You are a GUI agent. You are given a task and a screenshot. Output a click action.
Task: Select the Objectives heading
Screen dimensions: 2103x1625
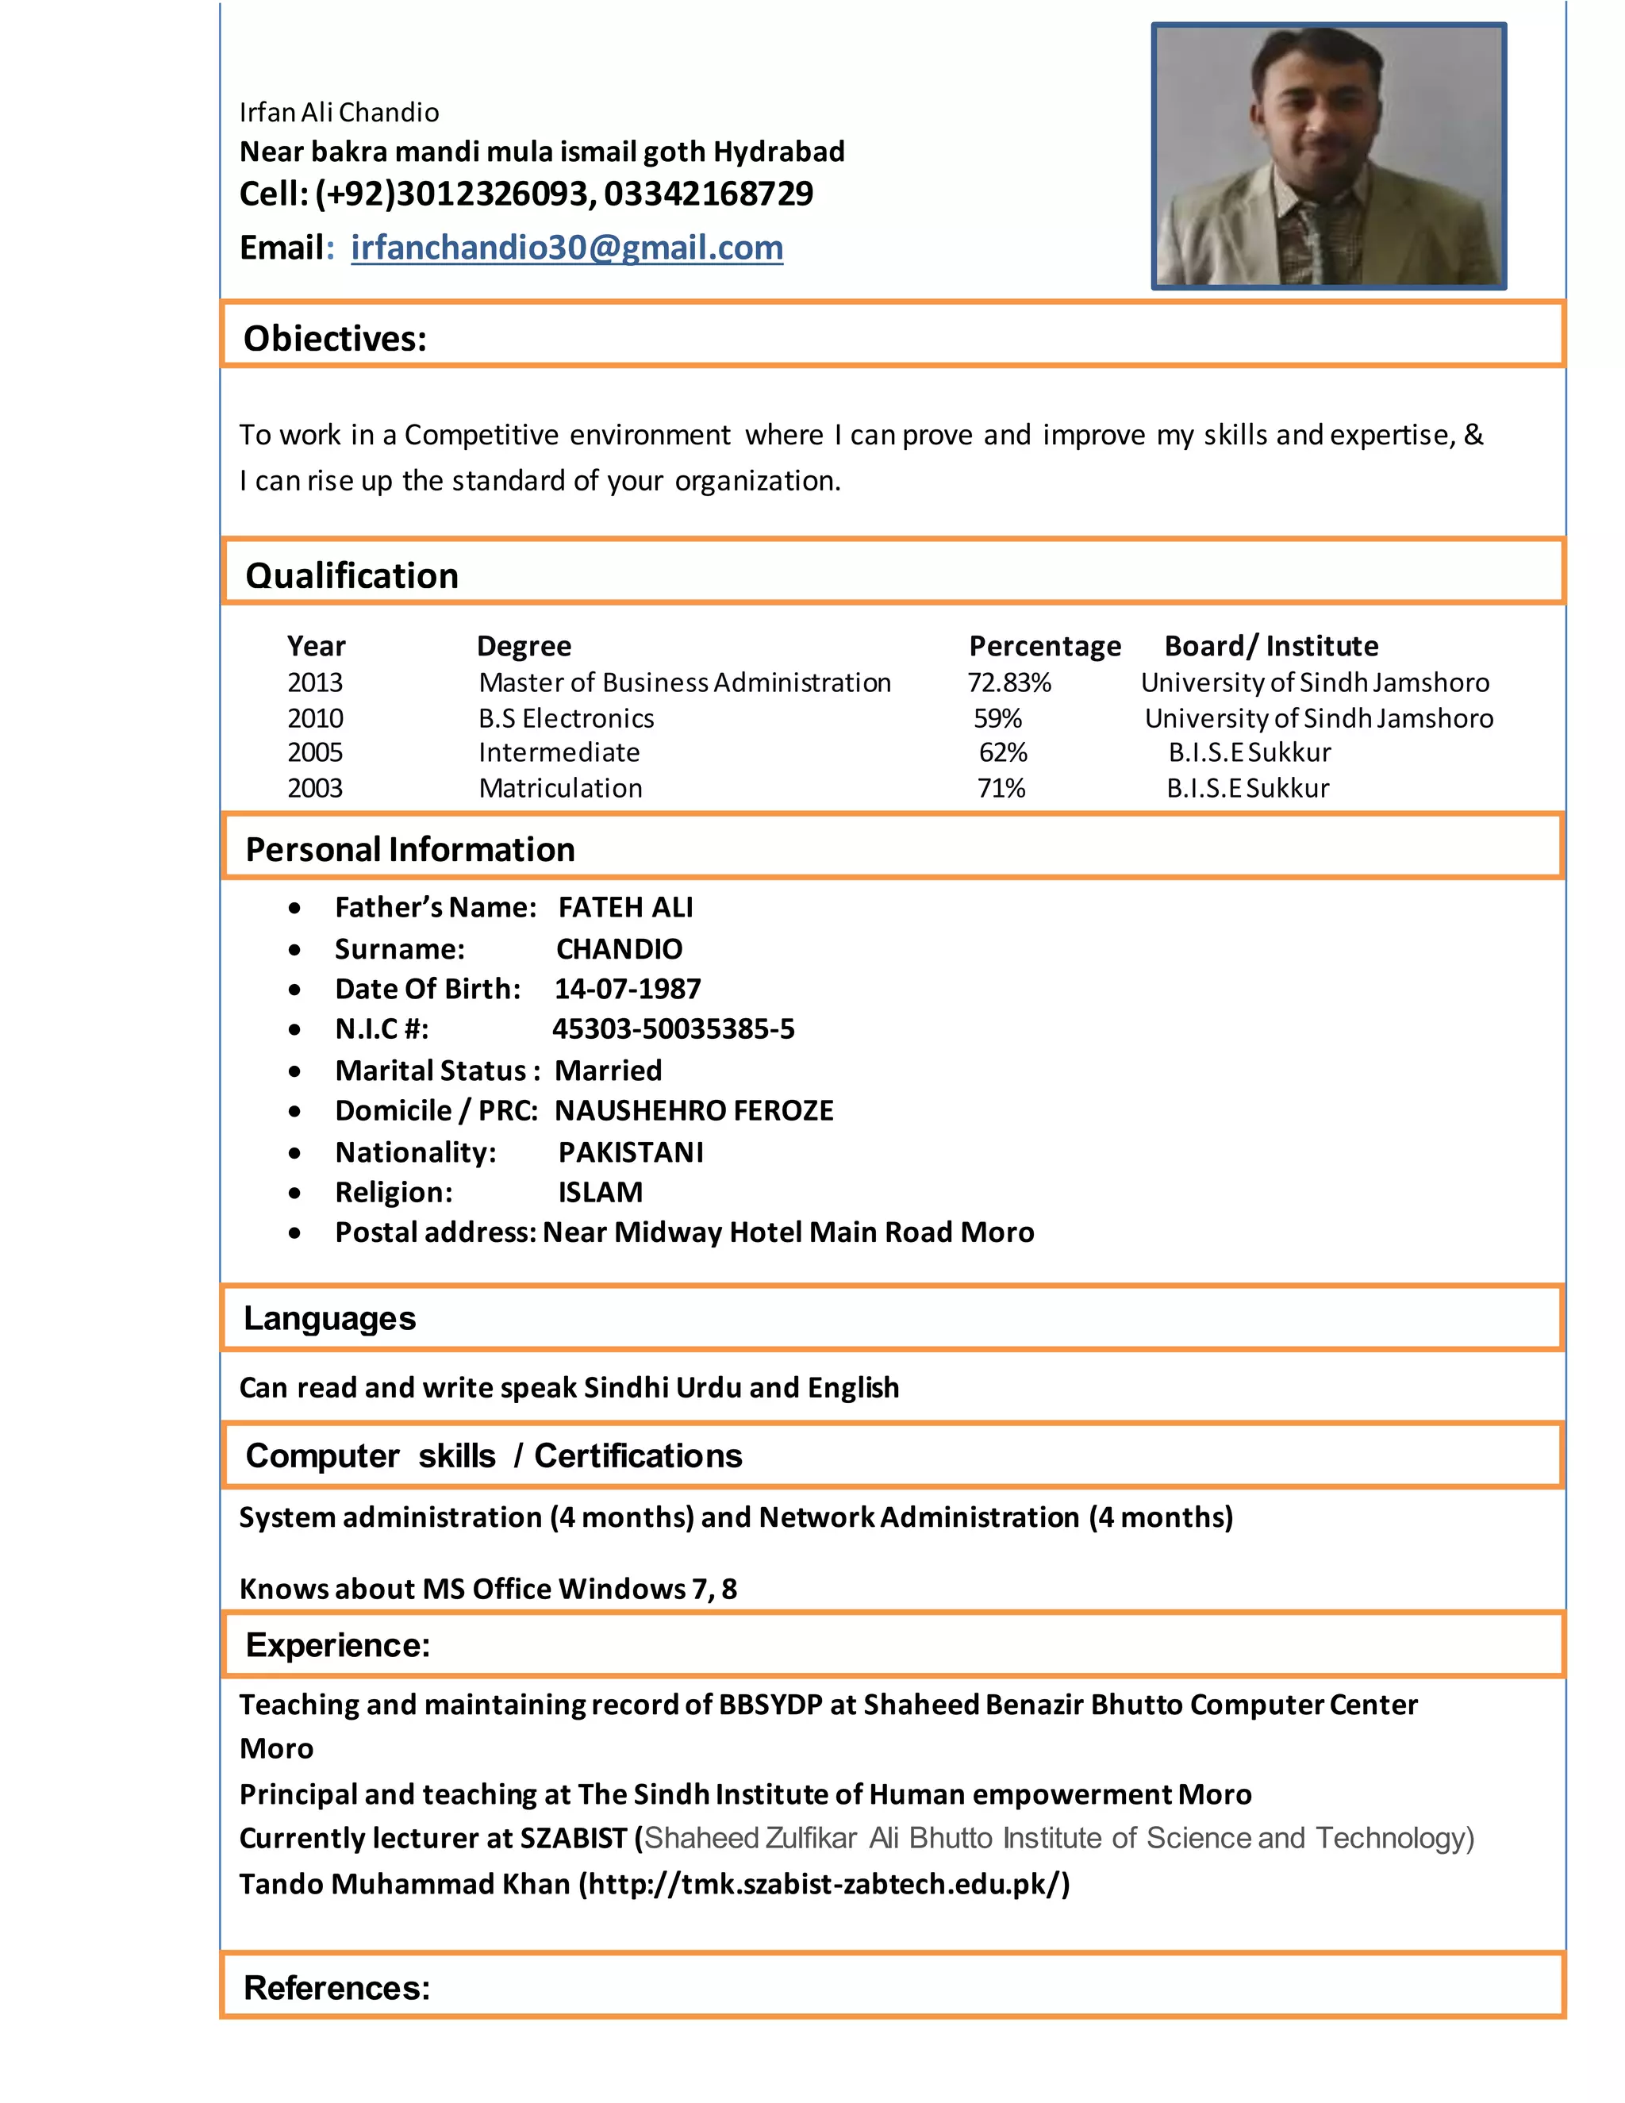335,338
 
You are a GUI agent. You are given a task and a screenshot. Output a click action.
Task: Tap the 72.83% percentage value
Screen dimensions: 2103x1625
1009,682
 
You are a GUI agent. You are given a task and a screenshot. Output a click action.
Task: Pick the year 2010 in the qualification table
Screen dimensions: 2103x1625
315,717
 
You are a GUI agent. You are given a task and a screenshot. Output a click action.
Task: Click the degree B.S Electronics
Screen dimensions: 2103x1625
566,717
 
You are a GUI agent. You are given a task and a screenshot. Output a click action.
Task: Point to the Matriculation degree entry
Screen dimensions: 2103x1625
560,788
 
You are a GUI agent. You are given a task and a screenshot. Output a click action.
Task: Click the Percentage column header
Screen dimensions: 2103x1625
1044,645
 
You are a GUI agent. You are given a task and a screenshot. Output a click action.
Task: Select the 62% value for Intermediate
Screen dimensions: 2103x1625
1003,752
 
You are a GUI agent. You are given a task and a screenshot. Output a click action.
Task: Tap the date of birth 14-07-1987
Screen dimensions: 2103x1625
628,988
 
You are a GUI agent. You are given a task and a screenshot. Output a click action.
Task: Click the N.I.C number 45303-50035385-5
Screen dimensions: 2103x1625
673,1028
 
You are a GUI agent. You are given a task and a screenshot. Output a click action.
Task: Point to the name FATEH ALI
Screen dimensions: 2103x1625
626,907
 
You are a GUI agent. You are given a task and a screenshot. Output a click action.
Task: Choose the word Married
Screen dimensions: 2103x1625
609,1070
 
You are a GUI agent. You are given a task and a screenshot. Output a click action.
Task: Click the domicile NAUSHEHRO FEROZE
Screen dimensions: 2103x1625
694,1110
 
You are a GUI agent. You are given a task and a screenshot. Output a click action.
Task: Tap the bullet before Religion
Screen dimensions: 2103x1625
294,1193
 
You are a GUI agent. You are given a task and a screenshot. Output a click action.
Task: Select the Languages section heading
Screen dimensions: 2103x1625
329,1317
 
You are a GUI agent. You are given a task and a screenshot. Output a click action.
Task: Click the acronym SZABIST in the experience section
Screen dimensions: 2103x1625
574,1838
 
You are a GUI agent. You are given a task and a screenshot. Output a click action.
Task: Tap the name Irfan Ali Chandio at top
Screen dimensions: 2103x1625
339,113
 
